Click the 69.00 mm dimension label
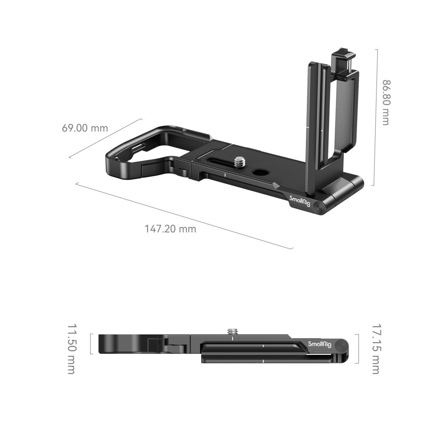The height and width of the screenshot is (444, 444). click(85, 128)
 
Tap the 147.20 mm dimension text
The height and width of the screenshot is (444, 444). click(170, 229)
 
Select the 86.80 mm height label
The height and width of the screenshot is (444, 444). click(385, 102)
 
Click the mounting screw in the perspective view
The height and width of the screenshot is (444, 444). click(240, 162)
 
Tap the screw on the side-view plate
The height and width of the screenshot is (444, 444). click(232, 332)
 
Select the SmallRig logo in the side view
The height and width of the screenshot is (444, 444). click(319, 345)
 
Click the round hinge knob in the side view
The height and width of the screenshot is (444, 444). click(341, 345)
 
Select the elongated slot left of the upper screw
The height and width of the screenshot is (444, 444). click(219, 161)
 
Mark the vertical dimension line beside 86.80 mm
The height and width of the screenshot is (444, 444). click(377, 117)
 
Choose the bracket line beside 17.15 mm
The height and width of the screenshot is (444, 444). click(356, 348)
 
